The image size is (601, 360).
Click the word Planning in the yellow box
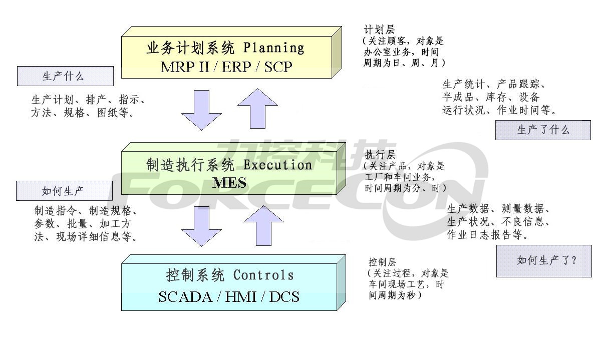(x=273, y=48)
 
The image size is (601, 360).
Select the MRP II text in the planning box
(x=185, y=67)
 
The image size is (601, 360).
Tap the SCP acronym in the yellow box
(x=278, y=67)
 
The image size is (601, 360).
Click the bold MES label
(x=229, y=183)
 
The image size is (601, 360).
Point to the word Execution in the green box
(x=277, y=165)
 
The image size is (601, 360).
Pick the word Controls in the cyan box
(x=263, y=275)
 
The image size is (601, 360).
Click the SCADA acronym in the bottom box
(x=185, y=297)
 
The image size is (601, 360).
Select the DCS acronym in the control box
(x=284, y=297)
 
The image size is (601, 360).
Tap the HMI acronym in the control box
(x=241, y=297)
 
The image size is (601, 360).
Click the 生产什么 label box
(x=65, y=76)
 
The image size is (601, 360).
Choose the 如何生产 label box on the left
(x=65, y=191)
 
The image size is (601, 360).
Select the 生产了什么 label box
(x=543, y=130)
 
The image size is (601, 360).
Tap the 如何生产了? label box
(x=544, y=261)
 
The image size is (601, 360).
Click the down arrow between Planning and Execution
(x=201, y=110)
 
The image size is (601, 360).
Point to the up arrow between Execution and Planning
(x=257, y=108)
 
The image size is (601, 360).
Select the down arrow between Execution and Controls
(x=201, y=226)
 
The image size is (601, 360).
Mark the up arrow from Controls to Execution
(x=263, y=226)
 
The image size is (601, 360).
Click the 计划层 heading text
(x=379, y=30)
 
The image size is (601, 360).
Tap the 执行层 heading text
(x=380, y=155)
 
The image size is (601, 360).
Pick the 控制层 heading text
(x=382, y=262)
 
